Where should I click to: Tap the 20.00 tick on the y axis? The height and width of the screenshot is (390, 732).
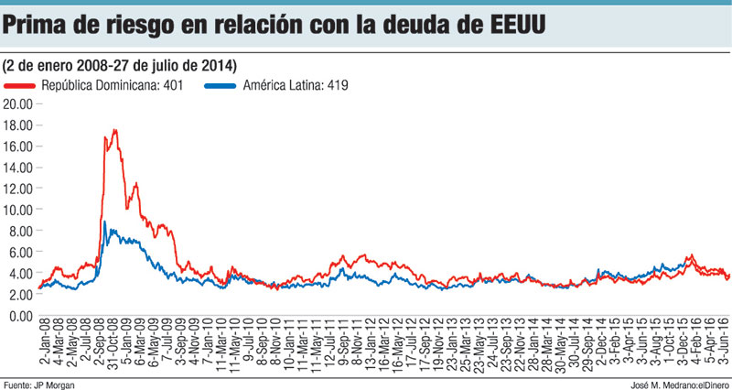(x=18, y=103)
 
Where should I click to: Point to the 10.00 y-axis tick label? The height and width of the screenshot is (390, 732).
(x=18, y=210)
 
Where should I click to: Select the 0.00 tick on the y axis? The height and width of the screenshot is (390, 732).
(x=21, y=316)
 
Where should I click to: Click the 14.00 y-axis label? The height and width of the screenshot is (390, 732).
(x=18, y=168)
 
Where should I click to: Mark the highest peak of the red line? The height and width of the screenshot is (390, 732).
(x=115, y=130)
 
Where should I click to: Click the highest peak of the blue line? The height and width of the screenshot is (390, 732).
(x=104, y=222)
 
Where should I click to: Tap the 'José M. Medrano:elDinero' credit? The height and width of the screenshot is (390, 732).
(x=675, y=384)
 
